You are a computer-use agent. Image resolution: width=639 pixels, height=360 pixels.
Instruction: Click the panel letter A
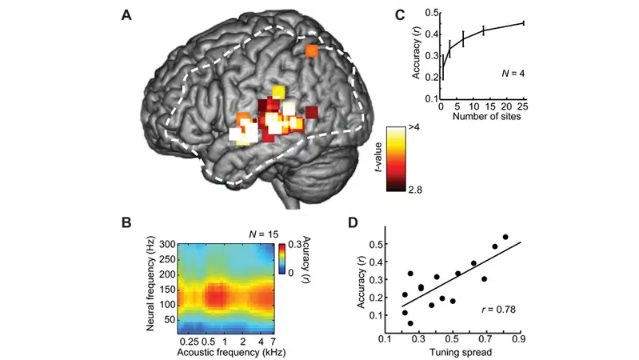tap(126, 15)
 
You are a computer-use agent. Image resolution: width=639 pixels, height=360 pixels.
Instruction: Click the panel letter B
tap(126, 222)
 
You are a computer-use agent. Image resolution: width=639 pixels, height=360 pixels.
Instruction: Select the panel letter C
tap(400, 15)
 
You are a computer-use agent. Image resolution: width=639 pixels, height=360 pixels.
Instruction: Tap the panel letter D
tap(353, 222)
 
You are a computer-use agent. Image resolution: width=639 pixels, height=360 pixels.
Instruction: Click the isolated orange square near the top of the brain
tap(312, 51)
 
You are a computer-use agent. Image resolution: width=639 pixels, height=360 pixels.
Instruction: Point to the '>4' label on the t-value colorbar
tap(414, 128)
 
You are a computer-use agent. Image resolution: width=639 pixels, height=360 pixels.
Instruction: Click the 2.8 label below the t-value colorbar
tap(415, 190)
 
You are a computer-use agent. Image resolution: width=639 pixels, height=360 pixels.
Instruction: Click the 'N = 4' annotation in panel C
tap(513, 74)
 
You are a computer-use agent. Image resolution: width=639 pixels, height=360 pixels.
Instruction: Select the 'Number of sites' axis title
tap(486, 117)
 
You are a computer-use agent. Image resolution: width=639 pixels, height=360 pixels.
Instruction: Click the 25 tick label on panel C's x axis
tap(522, 106)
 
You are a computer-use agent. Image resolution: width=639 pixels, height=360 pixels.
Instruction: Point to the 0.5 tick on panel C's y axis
tap(432, 13)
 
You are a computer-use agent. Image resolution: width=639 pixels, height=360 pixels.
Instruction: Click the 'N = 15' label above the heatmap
tap(264, 234)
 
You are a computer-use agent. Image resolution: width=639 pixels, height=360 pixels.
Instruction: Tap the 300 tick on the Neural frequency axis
tap(167, 245)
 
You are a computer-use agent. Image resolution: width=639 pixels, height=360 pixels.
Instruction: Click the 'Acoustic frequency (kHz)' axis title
tap(231, 352)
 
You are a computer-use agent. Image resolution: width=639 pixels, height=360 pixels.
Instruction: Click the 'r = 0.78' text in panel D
tap(498, 310)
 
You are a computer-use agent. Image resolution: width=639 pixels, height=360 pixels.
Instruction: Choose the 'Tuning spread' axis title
tap(461, 352)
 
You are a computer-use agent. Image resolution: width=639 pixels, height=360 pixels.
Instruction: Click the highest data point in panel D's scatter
tap(505, 237)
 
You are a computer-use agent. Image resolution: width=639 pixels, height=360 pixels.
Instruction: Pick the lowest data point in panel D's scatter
tap(410, 323)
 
